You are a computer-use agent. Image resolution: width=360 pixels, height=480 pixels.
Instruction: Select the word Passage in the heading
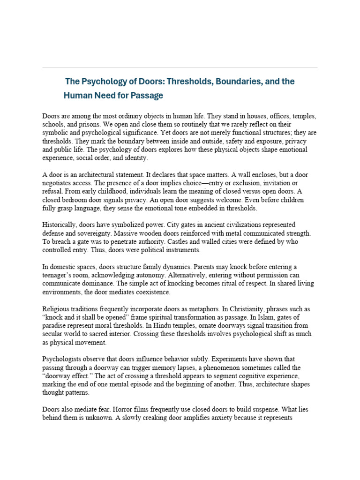coord(145,96)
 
